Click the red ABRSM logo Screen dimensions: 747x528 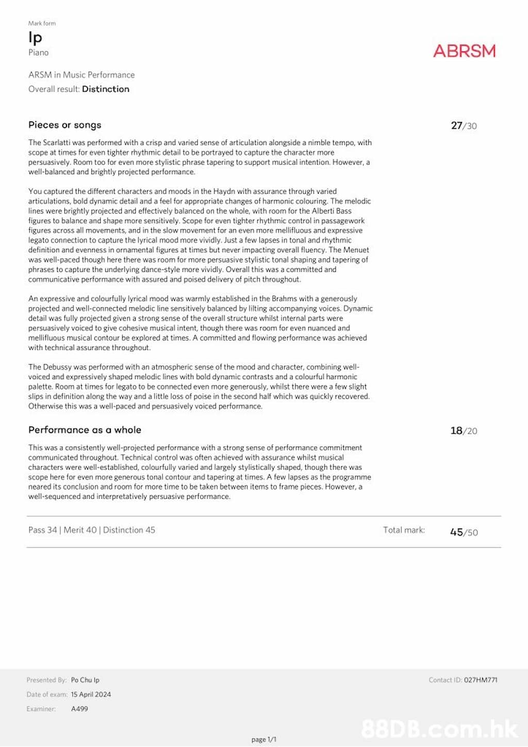[x=464, y=51]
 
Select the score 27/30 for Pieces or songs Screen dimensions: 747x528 [x=464, y=126]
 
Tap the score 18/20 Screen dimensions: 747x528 [x=464, y=431]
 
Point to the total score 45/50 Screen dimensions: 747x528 [x=464, y=532]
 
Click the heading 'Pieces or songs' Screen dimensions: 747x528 [x=65, y=125]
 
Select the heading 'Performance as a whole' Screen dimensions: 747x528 [x=85, y=430]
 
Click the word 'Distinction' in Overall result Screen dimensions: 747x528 [x=106, y=89]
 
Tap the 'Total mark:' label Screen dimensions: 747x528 [x=404, y=530]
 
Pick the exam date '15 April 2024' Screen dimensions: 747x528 [x=91, y=694]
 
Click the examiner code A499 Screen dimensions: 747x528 [x=79, y=709]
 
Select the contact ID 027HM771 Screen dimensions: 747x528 [x=481, y=680]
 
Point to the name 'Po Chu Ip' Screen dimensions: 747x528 [x=85, y=680]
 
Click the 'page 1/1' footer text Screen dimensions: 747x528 [x=264, y=739]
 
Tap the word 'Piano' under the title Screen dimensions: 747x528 [x=39, y=53]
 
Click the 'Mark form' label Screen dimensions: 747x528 [x=42, y=23]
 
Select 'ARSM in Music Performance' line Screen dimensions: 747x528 [x=81, y=75]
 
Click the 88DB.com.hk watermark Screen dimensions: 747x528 [x=439, y=728]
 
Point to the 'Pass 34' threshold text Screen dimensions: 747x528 [x=43, y=530]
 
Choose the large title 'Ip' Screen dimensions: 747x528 [x=35, y=38]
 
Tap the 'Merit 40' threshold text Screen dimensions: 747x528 [x=80, y=530]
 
